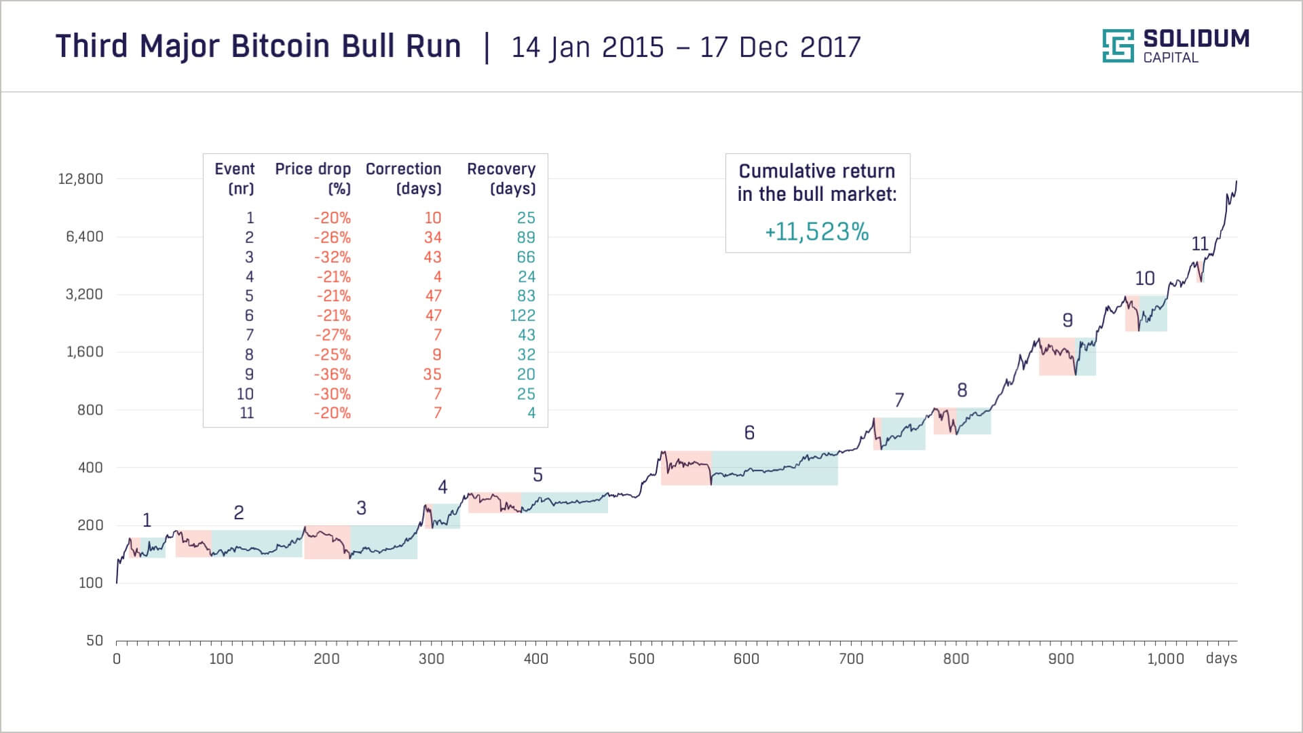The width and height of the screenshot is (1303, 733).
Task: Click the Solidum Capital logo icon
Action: pos(1118,46)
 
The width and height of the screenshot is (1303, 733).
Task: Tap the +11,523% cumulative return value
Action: pos(817,232)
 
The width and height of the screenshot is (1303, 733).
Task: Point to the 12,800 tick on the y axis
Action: pos(81,179)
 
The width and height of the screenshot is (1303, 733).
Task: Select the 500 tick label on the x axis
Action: pos(641,659)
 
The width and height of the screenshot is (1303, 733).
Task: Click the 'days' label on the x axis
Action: pos(1221,659)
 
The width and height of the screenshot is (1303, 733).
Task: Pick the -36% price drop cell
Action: pos(332,375)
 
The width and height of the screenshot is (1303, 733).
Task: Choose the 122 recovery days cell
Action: pos(522,316)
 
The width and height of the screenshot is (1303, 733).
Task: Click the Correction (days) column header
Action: pos(403,178)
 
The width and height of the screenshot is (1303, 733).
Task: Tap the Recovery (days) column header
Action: pos(501,178)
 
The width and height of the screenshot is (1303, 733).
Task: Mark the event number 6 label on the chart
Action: pos(749,433)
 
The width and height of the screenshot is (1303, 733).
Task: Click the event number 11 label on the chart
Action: pos(1200,244)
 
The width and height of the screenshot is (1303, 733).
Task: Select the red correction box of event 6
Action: pos(686,468)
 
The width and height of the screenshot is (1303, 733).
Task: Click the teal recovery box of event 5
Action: pos(564,502)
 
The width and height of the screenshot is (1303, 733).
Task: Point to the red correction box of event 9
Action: pos(1057,357)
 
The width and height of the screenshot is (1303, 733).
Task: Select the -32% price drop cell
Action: pos(332,257)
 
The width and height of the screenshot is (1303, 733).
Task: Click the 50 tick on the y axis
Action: pos(94,641)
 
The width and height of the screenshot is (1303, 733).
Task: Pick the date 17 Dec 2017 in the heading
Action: pos(780,47)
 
